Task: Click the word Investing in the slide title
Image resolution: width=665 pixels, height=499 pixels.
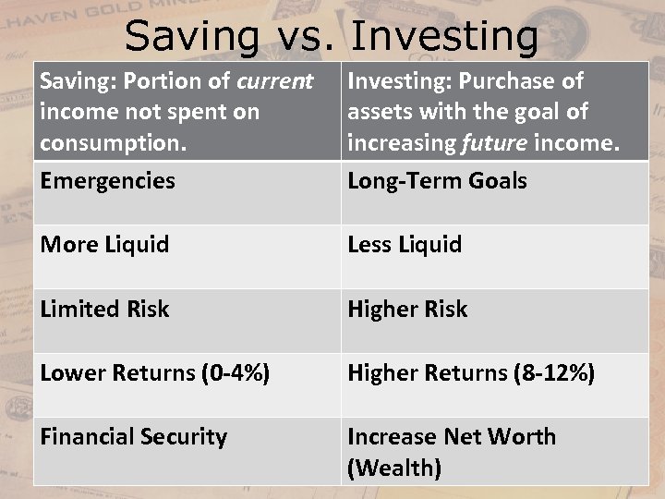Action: click(x=445, y=37)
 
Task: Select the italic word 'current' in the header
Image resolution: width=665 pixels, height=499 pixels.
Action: click(x=275, y=81)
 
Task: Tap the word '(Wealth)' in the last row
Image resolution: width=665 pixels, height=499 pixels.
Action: click(x=394, y=469)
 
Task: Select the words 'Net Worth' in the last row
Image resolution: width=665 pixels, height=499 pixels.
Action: click(x=500, y=437)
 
